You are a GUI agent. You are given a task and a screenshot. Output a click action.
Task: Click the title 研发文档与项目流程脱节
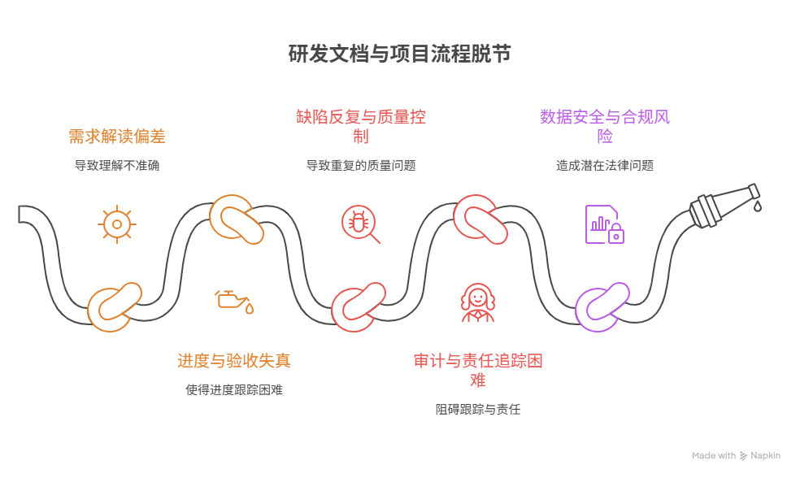(x=399, y=54)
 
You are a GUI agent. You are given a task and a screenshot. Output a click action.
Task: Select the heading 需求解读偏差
(x=117, y=136)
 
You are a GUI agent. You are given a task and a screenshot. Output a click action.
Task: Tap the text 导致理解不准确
(x=117, y=165)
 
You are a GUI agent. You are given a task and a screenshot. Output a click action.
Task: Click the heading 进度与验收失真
(x=234, y=360)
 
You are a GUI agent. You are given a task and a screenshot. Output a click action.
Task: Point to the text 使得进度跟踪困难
(x=234, y=389)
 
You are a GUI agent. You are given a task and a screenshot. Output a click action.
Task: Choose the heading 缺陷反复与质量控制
(x=360, y=126)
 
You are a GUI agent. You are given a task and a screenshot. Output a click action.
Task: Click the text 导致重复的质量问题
(x=360, y=165)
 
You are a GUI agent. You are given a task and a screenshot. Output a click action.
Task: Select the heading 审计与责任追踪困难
(x=477, y=370)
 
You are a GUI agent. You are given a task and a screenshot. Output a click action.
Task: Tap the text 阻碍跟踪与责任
(x=477, y=409)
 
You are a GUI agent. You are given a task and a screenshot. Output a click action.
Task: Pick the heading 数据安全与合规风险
(x=604, y=126)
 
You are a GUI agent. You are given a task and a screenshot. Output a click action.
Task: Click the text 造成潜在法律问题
(x=604, y=165)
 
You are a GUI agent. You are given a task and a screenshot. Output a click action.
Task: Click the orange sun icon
(x=117, y=224)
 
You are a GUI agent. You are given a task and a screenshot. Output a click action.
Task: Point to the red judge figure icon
(x=477, y=302)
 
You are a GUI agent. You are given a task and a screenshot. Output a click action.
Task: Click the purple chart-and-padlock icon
(x=604, y=224)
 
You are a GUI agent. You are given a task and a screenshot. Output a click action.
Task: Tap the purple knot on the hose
(x=602, y=306)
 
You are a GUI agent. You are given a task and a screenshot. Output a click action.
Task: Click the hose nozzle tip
(x=753, y=192)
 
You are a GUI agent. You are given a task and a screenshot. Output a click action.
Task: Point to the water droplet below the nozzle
(x=758, y=207)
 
